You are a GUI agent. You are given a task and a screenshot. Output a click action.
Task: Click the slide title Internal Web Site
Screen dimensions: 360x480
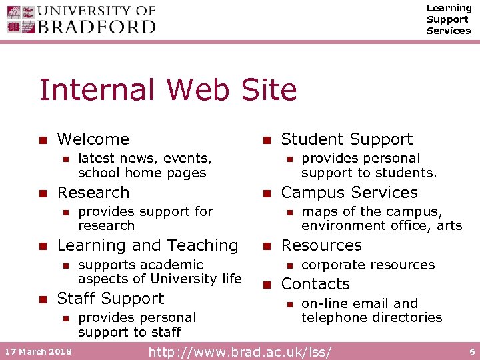[x=168, y=89]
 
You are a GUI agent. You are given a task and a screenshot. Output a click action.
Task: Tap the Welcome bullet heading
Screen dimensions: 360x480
[x=93, y=139]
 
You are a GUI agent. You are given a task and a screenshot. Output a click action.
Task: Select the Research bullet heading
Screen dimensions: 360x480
[x=93, y=193]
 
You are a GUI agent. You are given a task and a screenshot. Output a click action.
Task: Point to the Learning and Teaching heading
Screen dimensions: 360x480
[x=147, y=245]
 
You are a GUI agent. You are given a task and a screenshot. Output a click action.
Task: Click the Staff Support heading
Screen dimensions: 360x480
[x=111, y=299]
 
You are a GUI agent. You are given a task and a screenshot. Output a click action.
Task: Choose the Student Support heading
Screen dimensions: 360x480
[x=347, y=139]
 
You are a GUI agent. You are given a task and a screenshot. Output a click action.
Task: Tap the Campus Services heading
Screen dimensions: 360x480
[x=349, y=193]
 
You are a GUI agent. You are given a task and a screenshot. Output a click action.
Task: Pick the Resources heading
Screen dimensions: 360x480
[x=321, y=245]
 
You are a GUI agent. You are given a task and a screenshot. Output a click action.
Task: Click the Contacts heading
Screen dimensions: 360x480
[x=315, y=284]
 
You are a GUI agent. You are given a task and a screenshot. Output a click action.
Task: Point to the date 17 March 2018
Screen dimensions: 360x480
[x=40, y=351]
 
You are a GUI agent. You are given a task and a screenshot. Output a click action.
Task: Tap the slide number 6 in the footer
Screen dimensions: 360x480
[x=472, y=351]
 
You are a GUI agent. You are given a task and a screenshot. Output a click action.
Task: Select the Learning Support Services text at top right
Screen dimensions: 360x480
[x=448, y=19]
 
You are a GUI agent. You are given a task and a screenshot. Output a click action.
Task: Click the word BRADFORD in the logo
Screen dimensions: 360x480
[x=97, y=27]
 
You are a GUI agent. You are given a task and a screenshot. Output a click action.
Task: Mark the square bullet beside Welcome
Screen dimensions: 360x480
[x=43, y=140]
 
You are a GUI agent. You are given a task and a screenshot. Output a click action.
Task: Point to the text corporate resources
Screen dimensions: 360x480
[x=368, y=265]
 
